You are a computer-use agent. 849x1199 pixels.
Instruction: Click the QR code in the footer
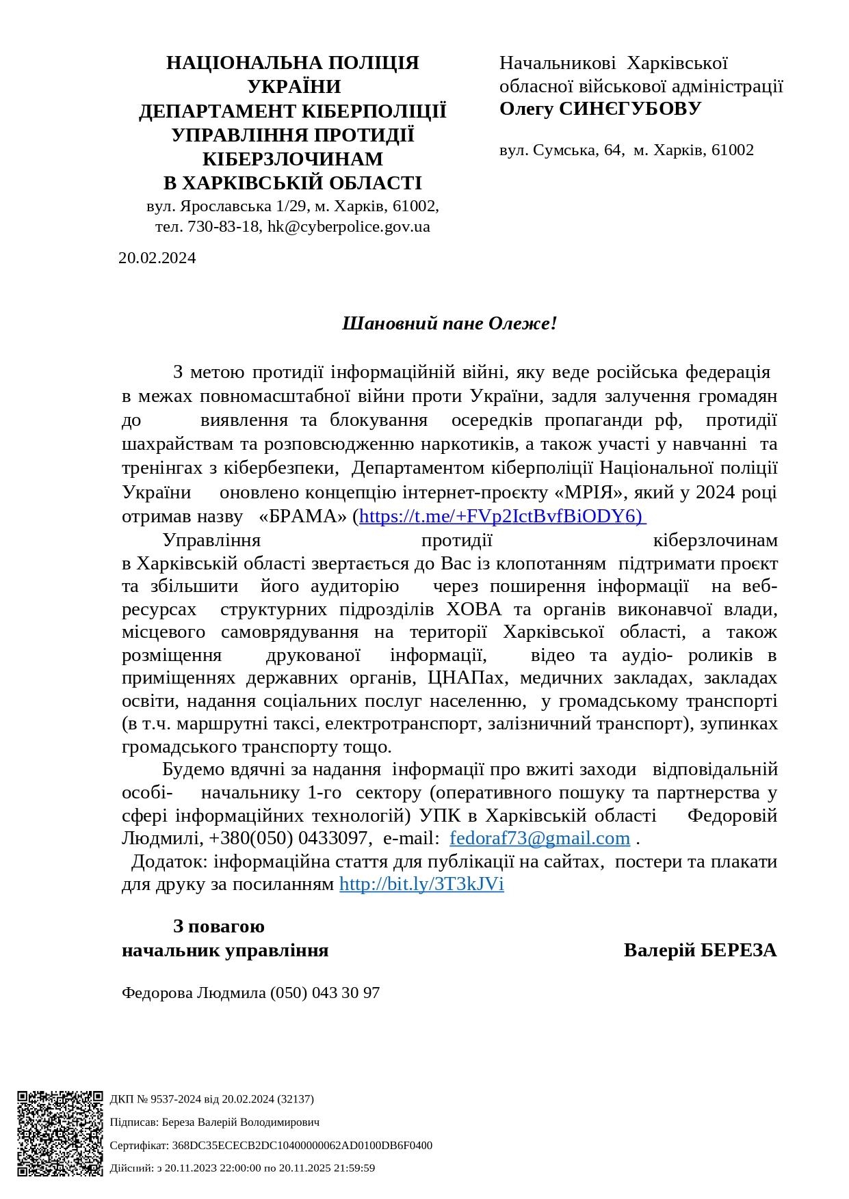coord(60,1133)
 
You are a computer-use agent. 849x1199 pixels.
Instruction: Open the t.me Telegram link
coord(501,516)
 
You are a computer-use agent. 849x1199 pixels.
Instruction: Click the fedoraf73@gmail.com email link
coord(539,838)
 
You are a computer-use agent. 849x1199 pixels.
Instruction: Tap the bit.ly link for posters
coord(421,884)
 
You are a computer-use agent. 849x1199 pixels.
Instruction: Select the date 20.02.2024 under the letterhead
coord(157,258)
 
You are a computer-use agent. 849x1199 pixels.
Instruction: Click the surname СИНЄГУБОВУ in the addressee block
coord(630,109)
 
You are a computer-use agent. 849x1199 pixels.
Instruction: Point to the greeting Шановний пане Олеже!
coord(449,323)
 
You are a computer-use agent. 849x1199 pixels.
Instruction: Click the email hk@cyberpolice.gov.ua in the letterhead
coord(349,227)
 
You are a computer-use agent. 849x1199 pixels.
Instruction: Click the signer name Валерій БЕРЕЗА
coord(700,950)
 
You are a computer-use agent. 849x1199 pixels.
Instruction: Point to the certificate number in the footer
coord(302,1145)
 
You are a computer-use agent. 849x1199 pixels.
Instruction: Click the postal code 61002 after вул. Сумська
coord(732,150)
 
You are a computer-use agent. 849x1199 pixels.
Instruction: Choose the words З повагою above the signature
coord(218,926)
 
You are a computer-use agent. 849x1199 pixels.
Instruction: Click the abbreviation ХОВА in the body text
coord(473,609)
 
